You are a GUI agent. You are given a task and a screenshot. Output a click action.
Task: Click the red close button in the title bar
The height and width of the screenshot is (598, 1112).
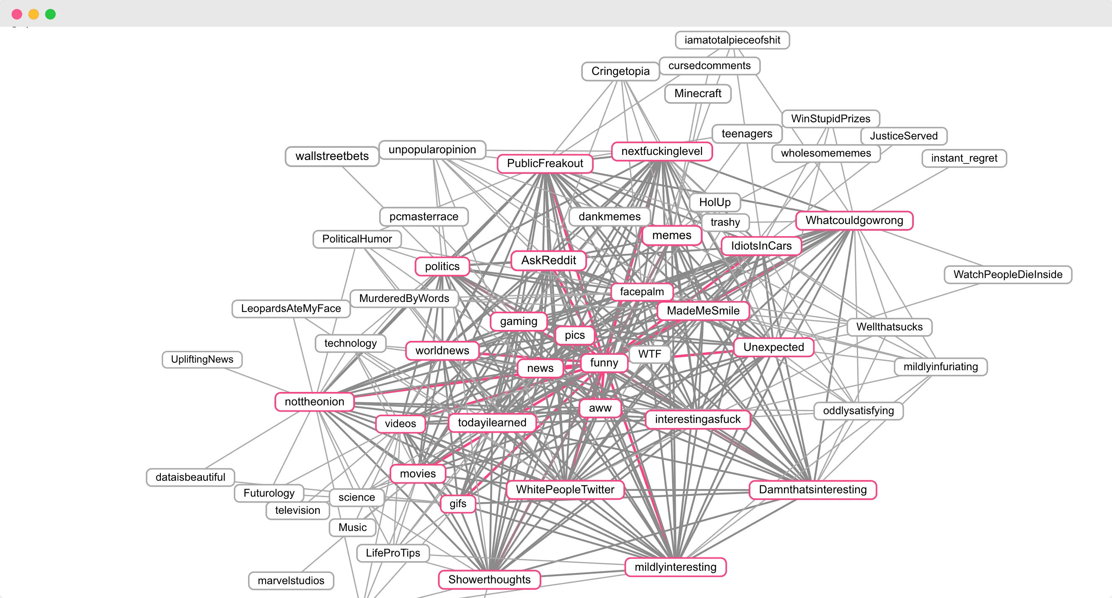coord(17,14)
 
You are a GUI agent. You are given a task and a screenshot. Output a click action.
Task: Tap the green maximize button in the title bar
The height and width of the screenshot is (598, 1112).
coord(51,14)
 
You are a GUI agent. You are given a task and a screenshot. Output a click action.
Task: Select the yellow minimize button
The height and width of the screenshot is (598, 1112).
coord(34,14)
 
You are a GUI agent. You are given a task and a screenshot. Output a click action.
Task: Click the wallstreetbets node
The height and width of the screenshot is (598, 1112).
coord(332,156)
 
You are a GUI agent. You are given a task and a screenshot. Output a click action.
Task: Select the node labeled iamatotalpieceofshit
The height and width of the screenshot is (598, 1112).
coord(732,40)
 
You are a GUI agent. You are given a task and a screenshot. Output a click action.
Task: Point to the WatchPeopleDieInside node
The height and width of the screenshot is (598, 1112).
coord(1008,274)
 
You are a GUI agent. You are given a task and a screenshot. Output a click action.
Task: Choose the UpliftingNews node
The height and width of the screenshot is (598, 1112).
coord(202,359)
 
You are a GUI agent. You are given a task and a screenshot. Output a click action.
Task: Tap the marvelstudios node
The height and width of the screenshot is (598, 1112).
coord(291,581)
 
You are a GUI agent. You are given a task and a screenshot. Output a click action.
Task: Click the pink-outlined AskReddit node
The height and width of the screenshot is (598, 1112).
coord(548,260)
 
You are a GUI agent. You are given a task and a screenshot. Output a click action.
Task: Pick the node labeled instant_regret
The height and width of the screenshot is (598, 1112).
coord(964,158)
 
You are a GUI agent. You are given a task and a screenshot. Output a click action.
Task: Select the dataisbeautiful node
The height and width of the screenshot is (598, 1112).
coord(190,477)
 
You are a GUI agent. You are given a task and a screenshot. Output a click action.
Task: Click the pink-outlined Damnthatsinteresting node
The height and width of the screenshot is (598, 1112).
coord(812,490)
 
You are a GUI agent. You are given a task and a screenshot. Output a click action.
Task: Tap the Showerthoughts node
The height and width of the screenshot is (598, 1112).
coord(489,580)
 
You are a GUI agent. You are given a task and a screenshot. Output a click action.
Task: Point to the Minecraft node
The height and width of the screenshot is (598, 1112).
coord(698,94)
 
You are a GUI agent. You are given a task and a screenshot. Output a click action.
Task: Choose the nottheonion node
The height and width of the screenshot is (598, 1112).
coord(314,402)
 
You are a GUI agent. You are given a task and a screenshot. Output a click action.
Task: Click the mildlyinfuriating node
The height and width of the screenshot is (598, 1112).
coord(941,367)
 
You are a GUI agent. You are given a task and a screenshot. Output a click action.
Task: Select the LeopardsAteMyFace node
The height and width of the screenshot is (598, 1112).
coord(291,309)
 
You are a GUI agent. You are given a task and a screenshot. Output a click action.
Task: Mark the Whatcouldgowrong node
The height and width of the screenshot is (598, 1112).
coord(854,220)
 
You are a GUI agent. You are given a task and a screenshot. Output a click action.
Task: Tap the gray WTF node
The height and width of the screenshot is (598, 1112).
coord(649,354)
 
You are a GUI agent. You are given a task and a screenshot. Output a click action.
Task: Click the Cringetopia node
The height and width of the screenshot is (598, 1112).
coord(621,71)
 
